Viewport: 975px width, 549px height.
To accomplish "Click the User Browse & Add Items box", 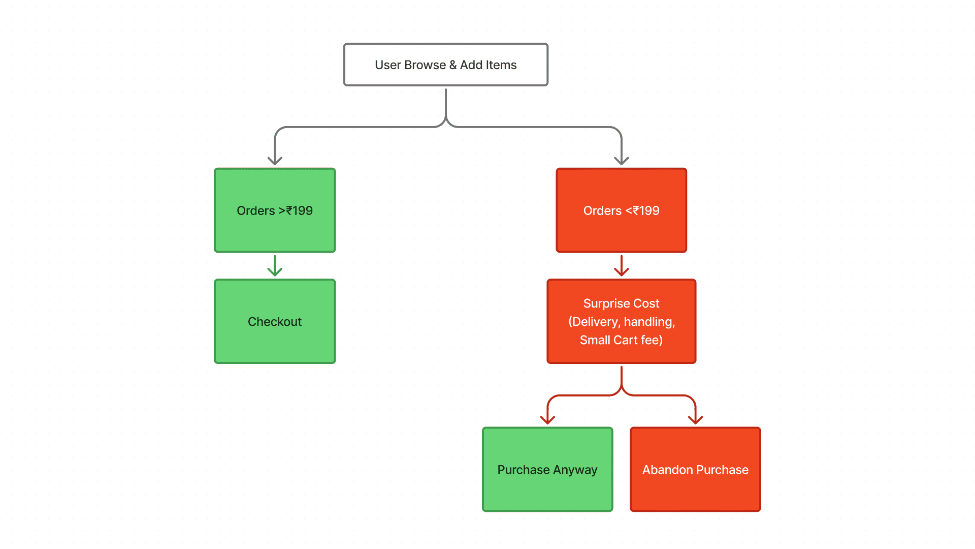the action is pyautogui.click(x=445, y=65).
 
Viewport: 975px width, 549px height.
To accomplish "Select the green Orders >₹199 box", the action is pyautogui.click(x=275, y=210).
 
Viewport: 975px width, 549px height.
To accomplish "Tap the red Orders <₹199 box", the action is pyautogui.click(x=621, y=210).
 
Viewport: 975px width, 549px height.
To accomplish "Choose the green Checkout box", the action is pyautogui.click(x=275, y=321).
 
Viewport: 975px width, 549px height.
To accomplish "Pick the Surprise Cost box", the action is pyautogui.click(x=621, y=321).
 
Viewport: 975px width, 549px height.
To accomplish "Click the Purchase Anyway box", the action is pyautogui.click(x=547, y=470).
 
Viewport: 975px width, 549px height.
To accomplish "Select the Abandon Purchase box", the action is pyautogui.click(x=695, y=470).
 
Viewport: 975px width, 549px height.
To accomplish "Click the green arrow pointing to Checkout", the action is pyautogui.click(x=275, y=266).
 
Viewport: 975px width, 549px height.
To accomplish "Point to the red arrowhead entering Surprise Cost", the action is pyautogui.click(x=621, y=271).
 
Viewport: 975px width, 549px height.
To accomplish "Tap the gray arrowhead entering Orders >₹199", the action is pyautogui.click(x=275, y=161).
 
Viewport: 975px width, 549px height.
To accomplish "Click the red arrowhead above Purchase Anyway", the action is pyautogui.click(x=547, y=420).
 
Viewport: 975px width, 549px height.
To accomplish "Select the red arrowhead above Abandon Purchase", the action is pyautogui.click(x=695, y=420).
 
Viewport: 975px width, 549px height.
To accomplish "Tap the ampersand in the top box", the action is pyautogui.click(x=453, y=65).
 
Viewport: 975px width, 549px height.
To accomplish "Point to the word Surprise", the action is pyautogui.click(x=603, y=303).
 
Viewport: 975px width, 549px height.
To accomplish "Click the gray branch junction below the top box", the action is pyautogui.click(x=446, y=123).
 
